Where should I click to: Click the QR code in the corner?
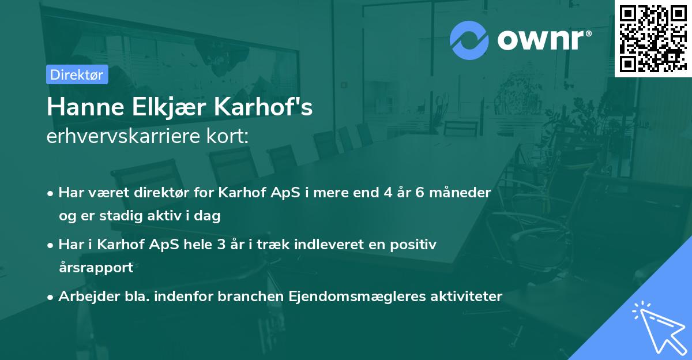tap(653, 39)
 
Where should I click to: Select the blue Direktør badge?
tap(77, 74)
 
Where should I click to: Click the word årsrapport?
tap(96, 268)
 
